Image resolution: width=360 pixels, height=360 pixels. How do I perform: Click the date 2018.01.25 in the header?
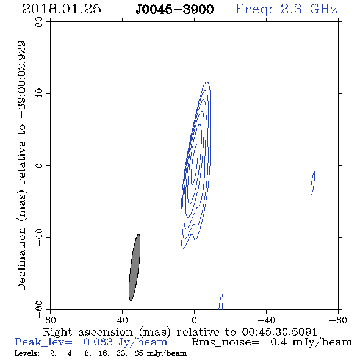click(62, 9)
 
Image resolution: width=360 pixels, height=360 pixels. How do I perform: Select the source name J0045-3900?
click(175, 9)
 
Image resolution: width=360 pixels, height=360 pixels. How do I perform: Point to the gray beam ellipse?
click(135, 267)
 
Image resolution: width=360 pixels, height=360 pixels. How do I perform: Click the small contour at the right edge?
click(312, 183)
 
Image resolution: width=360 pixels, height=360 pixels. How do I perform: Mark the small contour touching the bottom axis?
click(221, 302)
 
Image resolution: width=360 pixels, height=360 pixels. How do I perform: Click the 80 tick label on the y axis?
click(39, 22)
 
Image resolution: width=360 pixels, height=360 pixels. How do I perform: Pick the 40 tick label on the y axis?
click(39, 94)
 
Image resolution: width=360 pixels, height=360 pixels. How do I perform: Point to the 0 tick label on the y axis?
click(39, 165)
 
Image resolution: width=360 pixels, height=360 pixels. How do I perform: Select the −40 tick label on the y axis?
click(39, 237)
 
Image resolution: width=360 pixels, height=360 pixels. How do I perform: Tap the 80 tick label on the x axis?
click(50, 320)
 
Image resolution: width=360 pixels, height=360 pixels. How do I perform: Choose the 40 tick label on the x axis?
click(122, 320)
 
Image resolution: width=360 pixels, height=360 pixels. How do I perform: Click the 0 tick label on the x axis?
click(194, 320)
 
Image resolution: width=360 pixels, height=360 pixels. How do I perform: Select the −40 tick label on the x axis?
click(266, 320)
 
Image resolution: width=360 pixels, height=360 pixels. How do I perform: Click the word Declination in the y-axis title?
click(21, 259)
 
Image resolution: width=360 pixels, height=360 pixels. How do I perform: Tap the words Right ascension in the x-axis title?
click(88, 332)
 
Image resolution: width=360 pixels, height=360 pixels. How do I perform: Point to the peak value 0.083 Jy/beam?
click(126, 342)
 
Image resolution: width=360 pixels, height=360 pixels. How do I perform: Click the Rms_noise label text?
click(225, 342)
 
